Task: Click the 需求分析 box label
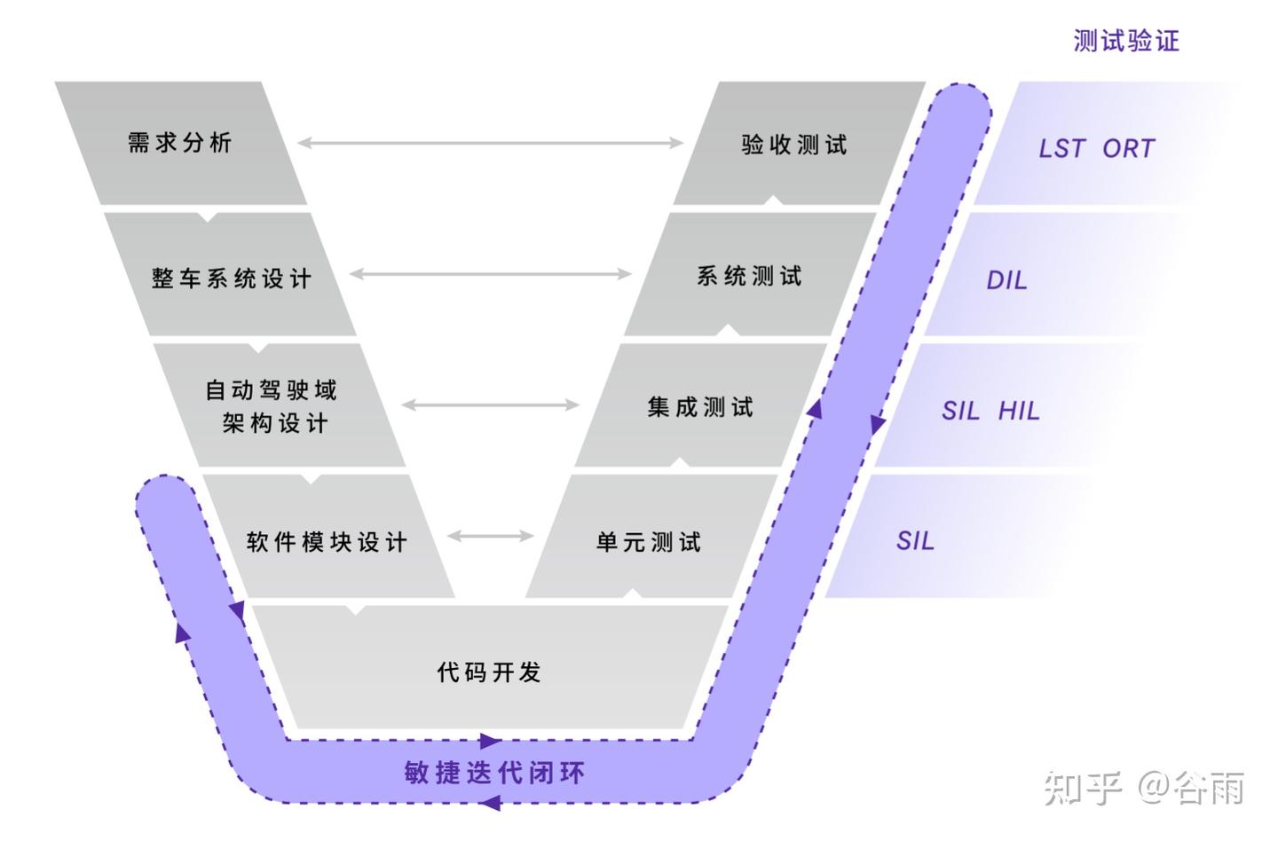click(x=180, y=142)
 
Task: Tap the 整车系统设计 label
click(x=232, y=279)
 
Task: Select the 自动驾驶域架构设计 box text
click(x=272, y=406)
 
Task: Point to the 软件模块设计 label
click(x=327, y=541)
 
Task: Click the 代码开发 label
click(x=489, y=672)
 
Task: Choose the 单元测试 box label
click(x=649, y=541)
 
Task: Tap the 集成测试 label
click(x=700, y=407)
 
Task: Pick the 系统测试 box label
click(x=749, y=276)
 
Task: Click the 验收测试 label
click(x=794, y=145)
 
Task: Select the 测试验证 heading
click(x=1126, y=41)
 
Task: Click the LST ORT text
click(x=1097, y=148)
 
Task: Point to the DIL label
click(x=1006, y=280)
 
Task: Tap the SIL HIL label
click(x=990, y=411)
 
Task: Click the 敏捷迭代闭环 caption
click(x=494, y=773)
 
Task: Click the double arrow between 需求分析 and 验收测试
click(x=490, y=142)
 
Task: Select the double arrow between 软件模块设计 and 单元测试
click(x=491, y=536)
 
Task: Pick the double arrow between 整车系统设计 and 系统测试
click(x=490, y=274)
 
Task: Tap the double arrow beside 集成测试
click(x=490, y=405)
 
